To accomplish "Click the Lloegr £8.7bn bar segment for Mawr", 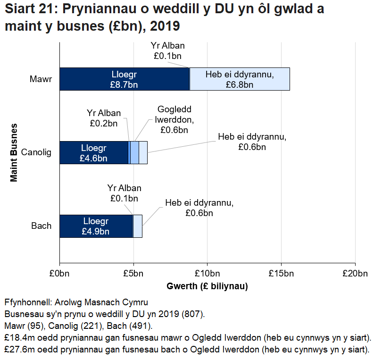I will pyautogui.click(x=124, y=79).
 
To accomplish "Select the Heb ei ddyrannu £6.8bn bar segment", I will pyautogui.click(x=240, y=79).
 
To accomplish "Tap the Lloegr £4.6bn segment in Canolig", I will pyautogui.click(x=94, y=152).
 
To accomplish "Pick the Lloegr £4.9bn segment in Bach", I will pyautogui.click(x=96, y=226).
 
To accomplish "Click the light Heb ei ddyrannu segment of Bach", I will pyautogui.click(x=138, y=226).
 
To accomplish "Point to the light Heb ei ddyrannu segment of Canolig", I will pyautogui.click(x=143, y=152).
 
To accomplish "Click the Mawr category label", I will pyautogui.click(x=41, y=79).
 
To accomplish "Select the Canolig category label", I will pyautogui.click(x=36, y=152).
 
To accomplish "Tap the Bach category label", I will pyautogui.click(x=42, y=226).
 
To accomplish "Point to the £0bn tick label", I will pyautogui.click(x=59, y=274).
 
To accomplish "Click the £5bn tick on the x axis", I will pyautogui.click(x=133, y=274).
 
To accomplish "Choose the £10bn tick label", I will pyautogui.click(x=208, y=274).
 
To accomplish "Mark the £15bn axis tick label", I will pyautogui.click(x=282, y=274).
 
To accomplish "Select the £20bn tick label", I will pyautogui.click(x=356, y=274).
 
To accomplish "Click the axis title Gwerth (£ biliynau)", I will pyautogui.click(x=208, y=286).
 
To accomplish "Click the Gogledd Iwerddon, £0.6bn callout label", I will pyautogui.click(x=174, y=120).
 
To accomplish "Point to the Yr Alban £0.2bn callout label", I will pyautogui.click(x=104, y=118).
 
